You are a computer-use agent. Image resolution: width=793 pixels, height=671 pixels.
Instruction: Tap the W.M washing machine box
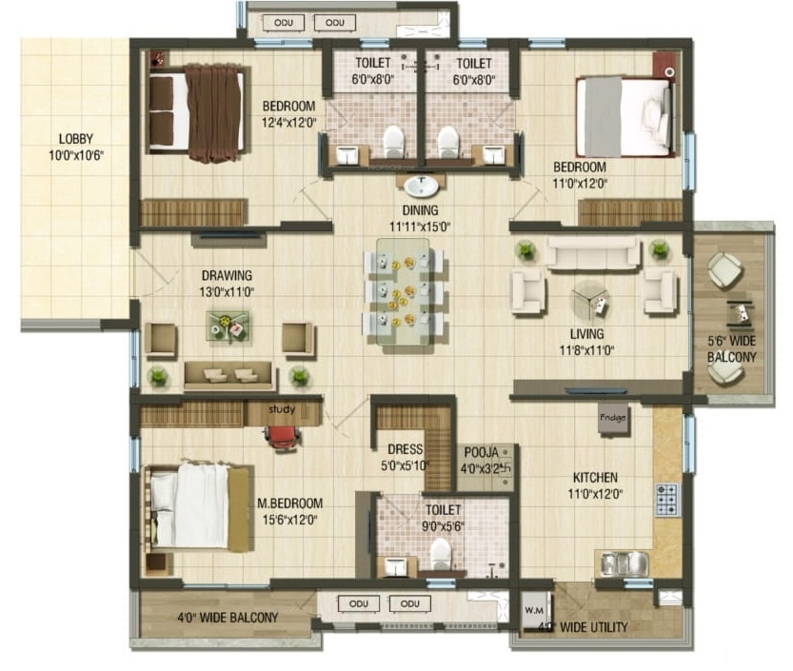point(534,609)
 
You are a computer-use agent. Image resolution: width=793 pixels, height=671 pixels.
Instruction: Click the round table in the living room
point(592,301)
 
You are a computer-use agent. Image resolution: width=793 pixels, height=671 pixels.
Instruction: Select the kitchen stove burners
point(667,496)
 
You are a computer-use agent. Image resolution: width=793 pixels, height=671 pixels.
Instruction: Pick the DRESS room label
point(405,449)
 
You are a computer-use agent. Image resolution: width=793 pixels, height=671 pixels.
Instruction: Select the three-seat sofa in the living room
point(591,253)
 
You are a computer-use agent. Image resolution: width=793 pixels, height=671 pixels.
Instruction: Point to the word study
point(282,410)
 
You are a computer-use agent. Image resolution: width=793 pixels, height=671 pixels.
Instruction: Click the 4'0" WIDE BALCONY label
point(228,618)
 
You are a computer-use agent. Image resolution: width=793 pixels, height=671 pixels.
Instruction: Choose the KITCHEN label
point(595,477)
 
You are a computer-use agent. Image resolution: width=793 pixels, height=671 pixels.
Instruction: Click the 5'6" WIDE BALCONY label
point(731,348)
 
